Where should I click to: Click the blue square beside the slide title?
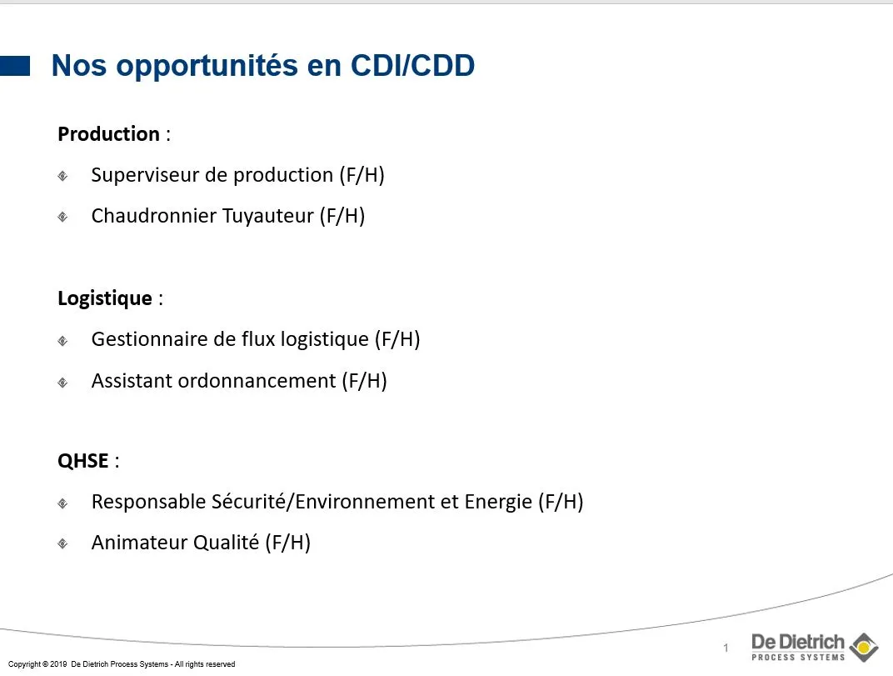click(x=15, y=66)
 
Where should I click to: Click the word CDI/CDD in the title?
click(x=412, y=65)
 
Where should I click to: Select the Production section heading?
click(x=109, y=134)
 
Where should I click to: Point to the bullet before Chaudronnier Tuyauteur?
click(x=62, y=217)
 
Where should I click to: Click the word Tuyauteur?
click(x=267, y=216)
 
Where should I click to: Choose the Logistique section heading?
click(x=105, y=298)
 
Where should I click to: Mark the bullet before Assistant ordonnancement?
click(x=62, y=382)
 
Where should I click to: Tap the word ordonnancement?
click(x=257, y=380)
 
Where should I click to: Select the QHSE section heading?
click(x=83, y=461)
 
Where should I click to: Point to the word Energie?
click(x=498, y=502)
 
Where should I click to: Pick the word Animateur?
click(x=140, y=542)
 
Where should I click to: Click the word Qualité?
click(x=227, y=542)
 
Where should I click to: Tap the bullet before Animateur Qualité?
click(x=62, y=543)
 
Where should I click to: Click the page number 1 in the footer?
click(x=726, y=648)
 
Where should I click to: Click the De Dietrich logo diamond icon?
click(x=864, y=647)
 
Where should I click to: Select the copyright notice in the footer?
click(x=122, y=664)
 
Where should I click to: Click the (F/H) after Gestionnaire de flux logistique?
click(x=397, y=339)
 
